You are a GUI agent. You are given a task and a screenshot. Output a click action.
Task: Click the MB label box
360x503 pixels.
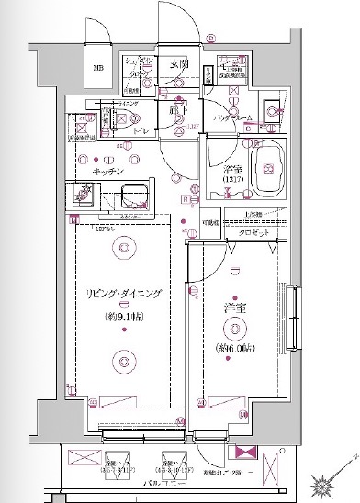98,67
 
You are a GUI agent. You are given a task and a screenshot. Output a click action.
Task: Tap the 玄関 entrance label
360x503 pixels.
179,64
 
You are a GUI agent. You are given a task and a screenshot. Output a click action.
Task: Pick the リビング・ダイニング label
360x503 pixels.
125,293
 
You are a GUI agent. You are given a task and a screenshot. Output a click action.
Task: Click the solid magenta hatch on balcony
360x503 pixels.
245,453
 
